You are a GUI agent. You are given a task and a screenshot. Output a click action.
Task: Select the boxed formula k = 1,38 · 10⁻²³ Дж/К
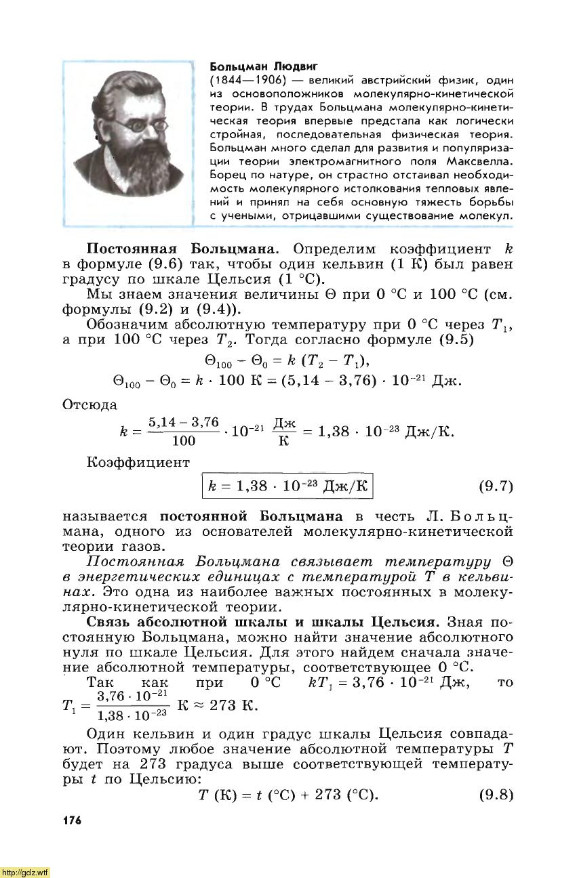point(288,486)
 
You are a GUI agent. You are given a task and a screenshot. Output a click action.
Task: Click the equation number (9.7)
point(496,486)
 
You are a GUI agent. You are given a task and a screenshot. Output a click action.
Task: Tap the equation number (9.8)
point(496,794)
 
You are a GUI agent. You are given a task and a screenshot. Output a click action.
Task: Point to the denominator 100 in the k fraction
point(184,442)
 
